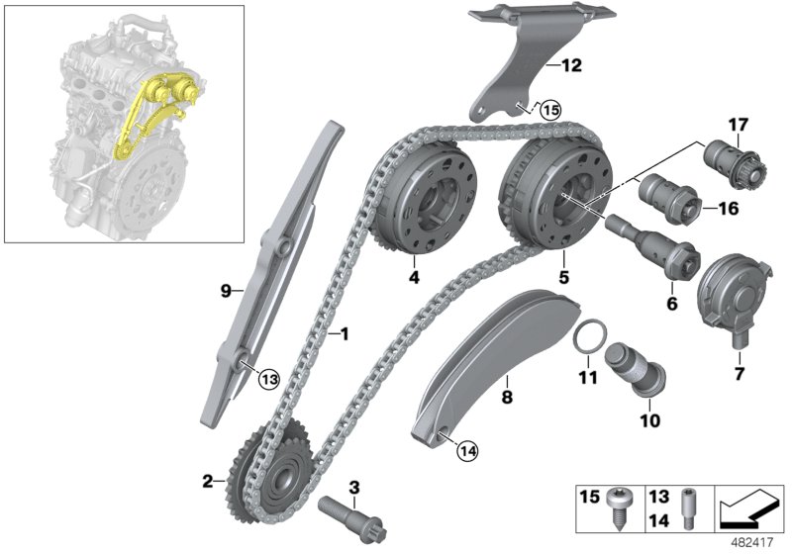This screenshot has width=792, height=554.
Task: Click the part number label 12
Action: click(571, 67)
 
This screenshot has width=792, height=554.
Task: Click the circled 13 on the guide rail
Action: click(268, 377)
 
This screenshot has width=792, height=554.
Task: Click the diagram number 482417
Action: click(756, 541)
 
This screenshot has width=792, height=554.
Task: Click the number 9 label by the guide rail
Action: click(225, 291)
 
